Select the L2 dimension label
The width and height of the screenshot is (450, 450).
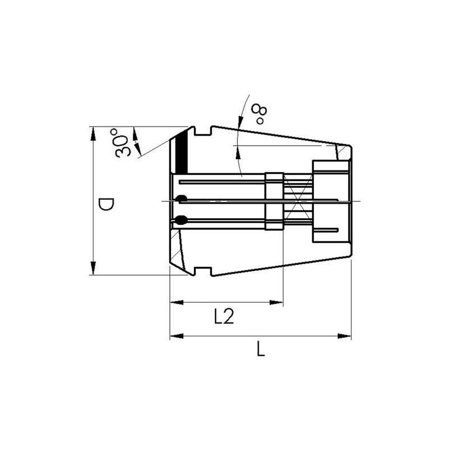point(224,317)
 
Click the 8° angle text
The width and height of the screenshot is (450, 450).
point(259,114)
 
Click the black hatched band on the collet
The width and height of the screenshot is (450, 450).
point(181,152)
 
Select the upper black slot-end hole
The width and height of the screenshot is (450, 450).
point(181,198)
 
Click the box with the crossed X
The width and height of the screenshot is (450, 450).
point(297,201)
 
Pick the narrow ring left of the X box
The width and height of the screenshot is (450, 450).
point(273,201)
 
